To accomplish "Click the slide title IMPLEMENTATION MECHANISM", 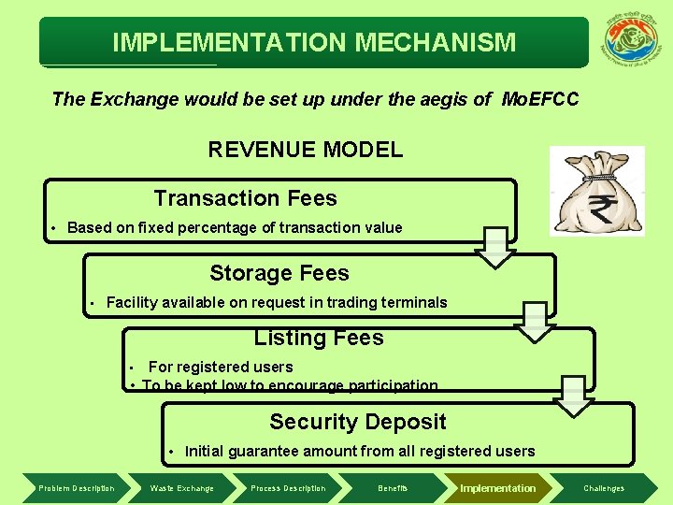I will click(314, 42).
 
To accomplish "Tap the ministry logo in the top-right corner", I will click(634, 42).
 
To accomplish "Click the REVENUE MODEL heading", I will click(305, 150).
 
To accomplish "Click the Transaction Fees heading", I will click(245, 198).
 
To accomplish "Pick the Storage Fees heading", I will click(279, 273).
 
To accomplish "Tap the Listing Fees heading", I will click(319, 338).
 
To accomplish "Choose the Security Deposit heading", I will click(358, 422).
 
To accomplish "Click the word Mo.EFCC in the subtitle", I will click(540, 98).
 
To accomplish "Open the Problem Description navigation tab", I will click(77, 488).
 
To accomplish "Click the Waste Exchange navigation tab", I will click(181, 488).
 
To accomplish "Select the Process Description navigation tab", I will click(288, 488).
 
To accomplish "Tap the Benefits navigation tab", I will click(393, 488).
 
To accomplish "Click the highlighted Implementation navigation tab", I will click(497, 488).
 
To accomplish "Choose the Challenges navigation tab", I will click(604, 488).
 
